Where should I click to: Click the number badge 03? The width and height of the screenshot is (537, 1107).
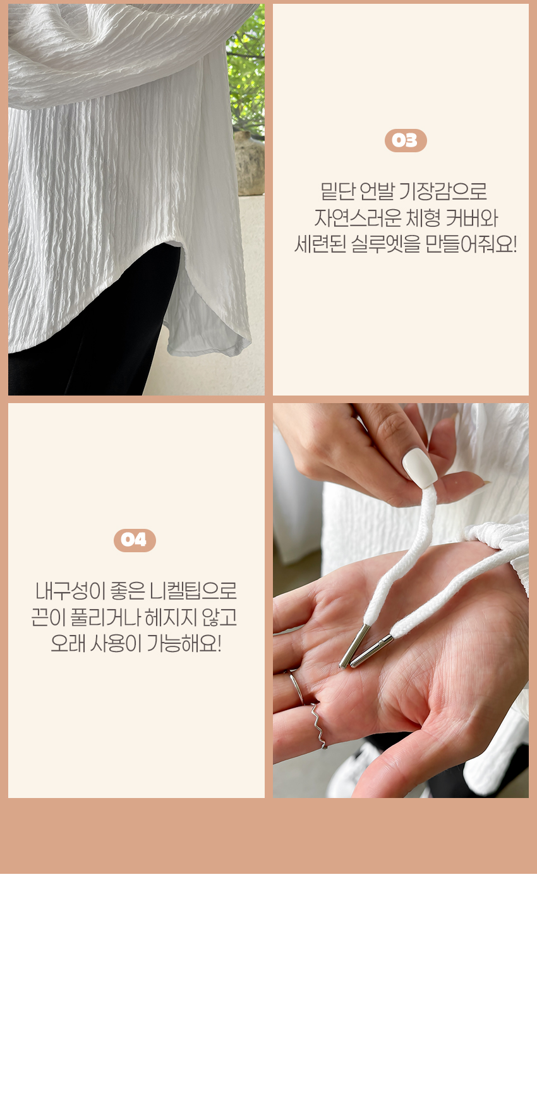(x=406, y=140)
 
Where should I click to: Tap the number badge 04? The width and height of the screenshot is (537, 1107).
(x=135, y=540)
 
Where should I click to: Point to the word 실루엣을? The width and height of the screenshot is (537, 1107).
(x=385, y=245)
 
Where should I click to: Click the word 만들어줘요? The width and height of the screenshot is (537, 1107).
(x=471, y=245)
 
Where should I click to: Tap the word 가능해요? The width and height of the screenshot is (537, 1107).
(x=184, y=644)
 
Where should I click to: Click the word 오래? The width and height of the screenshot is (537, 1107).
(x=67, y=644)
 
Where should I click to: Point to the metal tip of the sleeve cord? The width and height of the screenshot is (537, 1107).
(x=372, y=651)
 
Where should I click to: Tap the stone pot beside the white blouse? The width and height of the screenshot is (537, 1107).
(x=251, y=163)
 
